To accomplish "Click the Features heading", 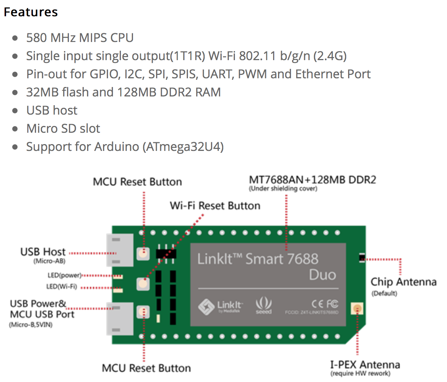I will pos(31,12).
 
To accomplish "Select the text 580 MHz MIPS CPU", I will pos(80,38).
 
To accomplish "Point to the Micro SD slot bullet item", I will pos(63,129).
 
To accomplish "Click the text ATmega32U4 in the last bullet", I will pos(183,147).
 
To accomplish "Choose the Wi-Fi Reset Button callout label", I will pos(215,206).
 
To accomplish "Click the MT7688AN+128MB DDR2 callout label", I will pos(312,180).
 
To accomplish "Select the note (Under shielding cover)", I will pos(283,189).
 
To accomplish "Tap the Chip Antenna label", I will pos(403,282).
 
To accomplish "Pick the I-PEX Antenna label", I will pos(365,365).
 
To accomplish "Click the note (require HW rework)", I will pos(360,374).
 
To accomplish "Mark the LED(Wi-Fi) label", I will pos(61,286).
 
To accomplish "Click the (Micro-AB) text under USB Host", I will pos(49,261).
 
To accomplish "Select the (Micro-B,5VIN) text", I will pos(31,325).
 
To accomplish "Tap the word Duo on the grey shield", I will pos(322,275).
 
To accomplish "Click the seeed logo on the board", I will pos(264,306).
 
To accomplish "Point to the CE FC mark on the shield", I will pos(325,303).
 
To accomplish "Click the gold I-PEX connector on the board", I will pos(356,309).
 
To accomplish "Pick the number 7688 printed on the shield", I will pos(302,259).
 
